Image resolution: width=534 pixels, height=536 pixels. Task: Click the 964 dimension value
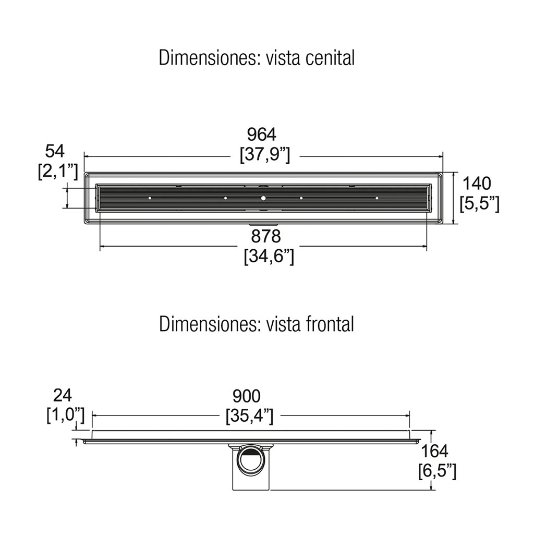(x=262, y=135)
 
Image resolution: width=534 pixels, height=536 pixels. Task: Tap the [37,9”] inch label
(x=265, y=155)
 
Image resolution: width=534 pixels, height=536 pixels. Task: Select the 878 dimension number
(x=266, y=236)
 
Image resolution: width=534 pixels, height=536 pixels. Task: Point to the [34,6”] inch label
(x=269, y=256)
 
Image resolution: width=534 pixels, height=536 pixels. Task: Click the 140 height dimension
(x=477, y=184)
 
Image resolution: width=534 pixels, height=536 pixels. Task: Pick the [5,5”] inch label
(x=479, y=204)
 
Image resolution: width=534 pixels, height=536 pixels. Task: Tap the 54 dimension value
(x=55, y=151)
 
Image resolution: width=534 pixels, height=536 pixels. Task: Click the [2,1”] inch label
(x=58, y=172)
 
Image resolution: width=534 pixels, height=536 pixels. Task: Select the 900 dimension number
(x=247, y=396)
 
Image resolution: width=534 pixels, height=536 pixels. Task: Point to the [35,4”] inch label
(x=250, y=417)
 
